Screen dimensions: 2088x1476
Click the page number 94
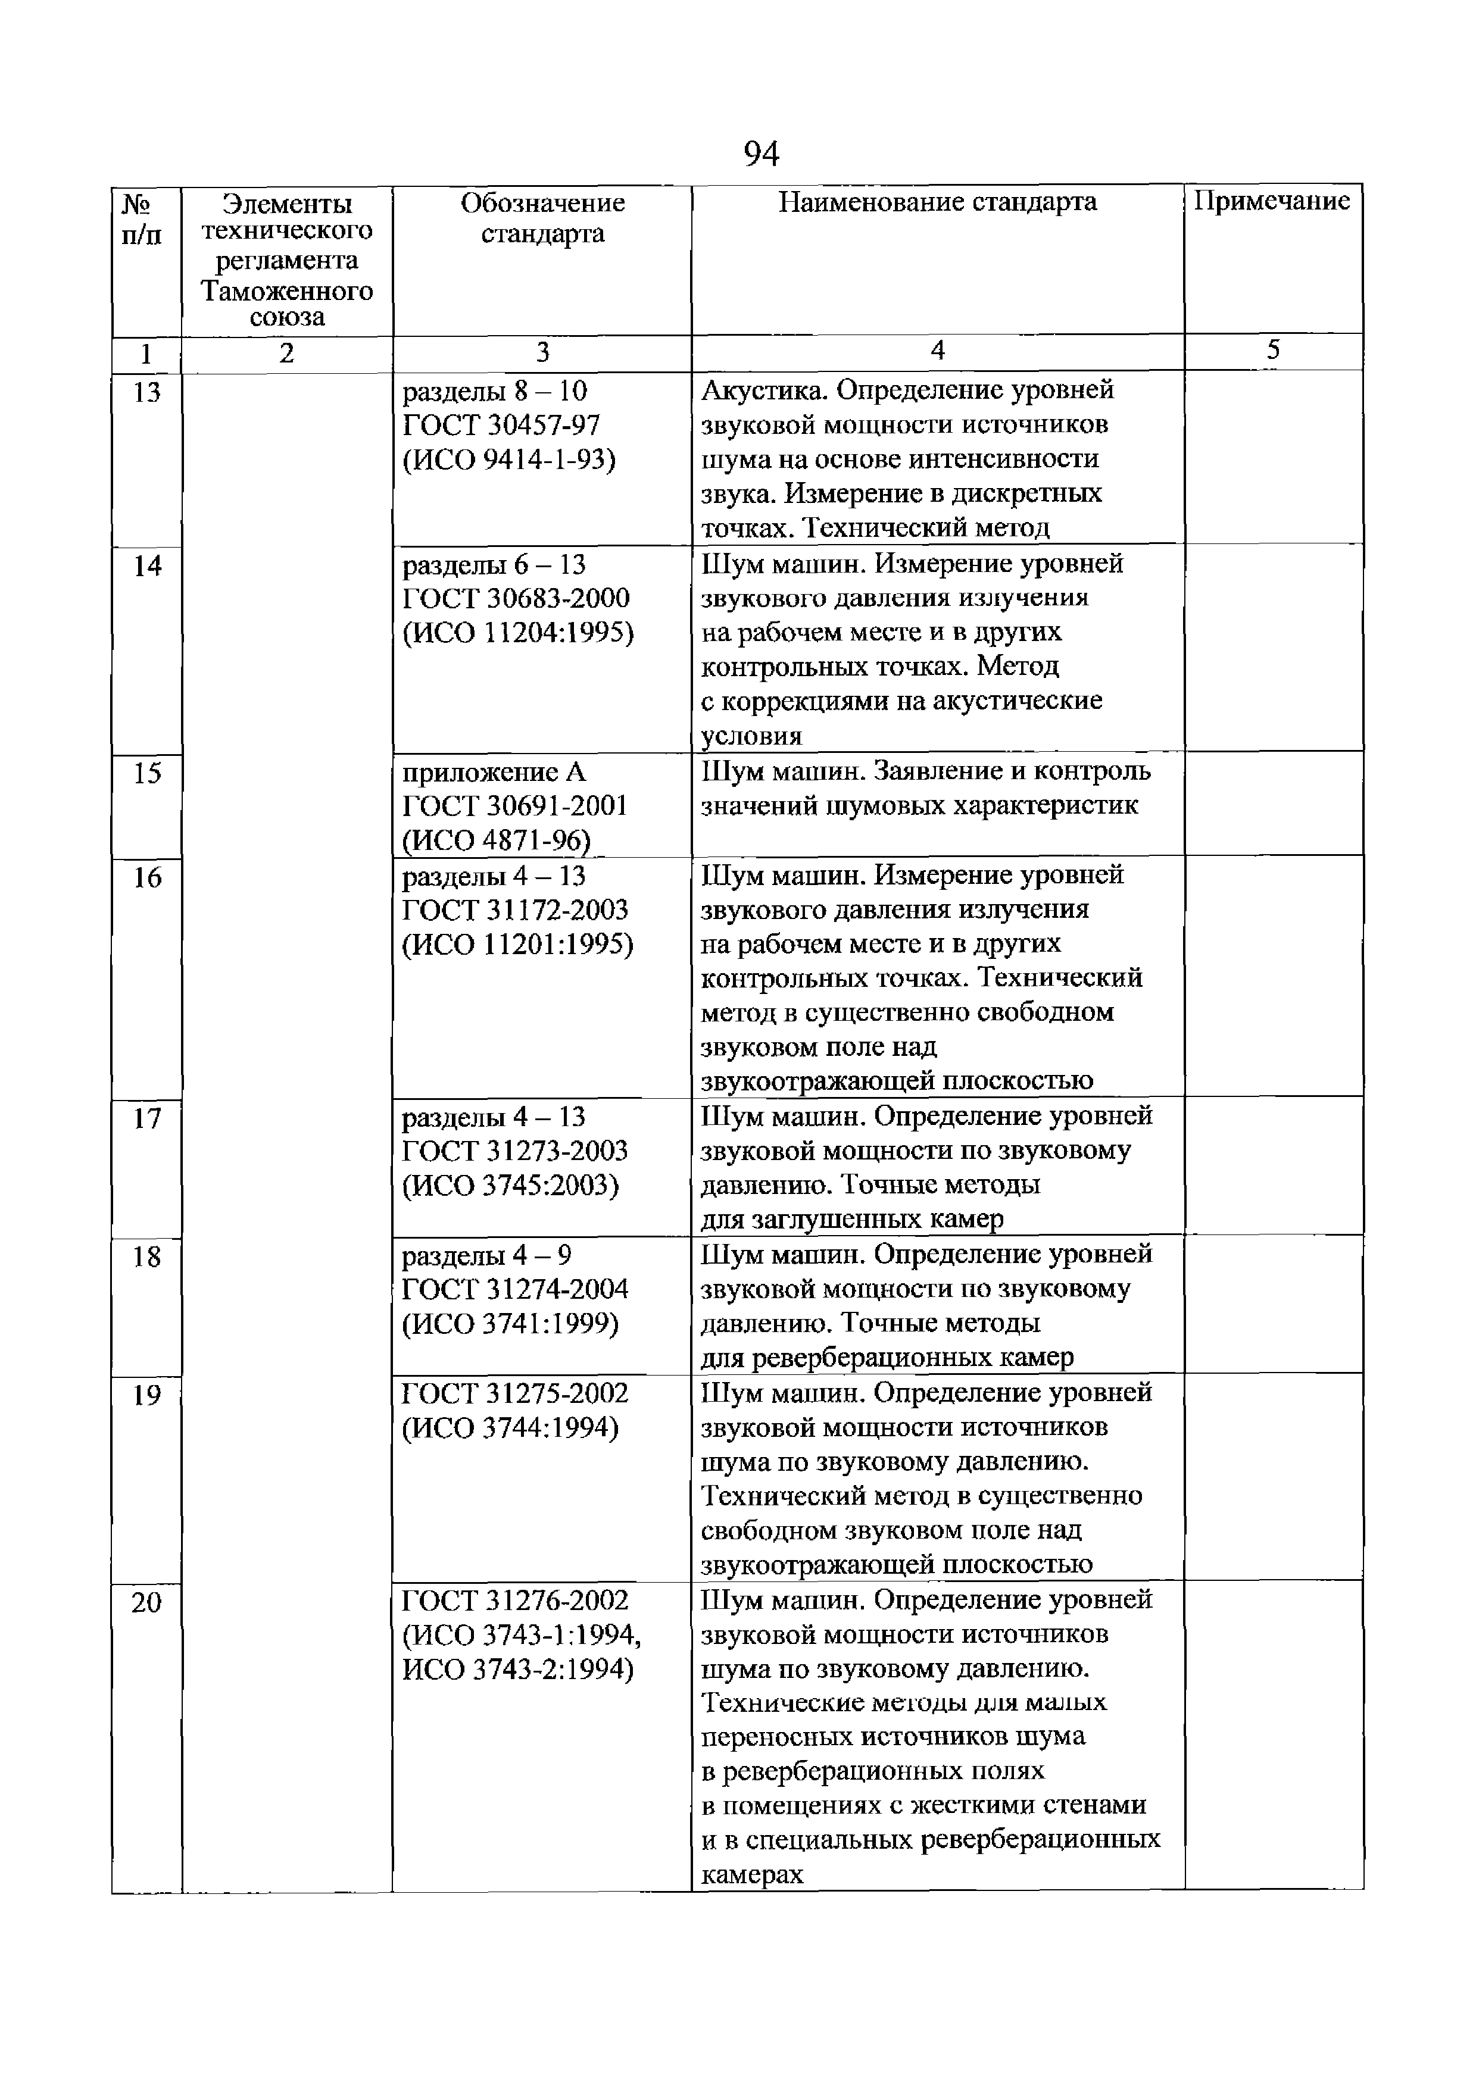click(760, 155)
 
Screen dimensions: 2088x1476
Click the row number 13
click(145, 392)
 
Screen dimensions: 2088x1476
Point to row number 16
click(145, 877)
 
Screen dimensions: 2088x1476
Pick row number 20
click(145, 1602)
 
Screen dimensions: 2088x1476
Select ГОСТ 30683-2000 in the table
click(516, 598)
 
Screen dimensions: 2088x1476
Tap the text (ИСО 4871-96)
click(495, 840)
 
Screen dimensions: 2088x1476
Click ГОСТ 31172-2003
click(516, 910)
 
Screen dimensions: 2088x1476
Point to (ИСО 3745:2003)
click(510, 1186)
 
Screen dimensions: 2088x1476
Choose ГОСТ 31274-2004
click(516, 1290)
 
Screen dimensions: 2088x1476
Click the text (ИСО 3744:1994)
click(510, 1429)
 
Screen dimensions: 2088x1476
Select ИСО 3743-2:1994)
click(517, 1670)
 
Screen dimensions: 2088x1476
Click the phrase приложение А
click(495, 772)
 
